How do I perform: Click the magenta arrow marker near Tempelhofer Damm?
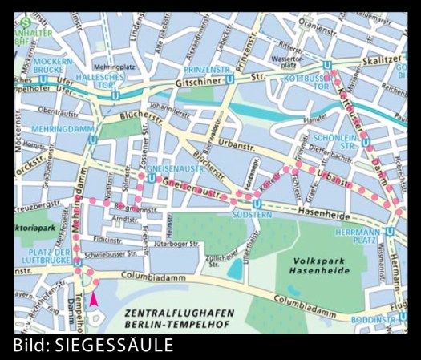tap(95, 299)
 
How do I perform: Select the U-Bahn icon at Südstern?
tap(256, 204)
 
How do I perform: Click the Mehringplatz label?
tap(115, 67)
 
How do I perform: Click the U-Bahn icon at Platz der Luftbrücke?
tap(77, 262)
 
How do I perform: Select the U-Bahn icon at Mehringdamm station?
tap(95, 138)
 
